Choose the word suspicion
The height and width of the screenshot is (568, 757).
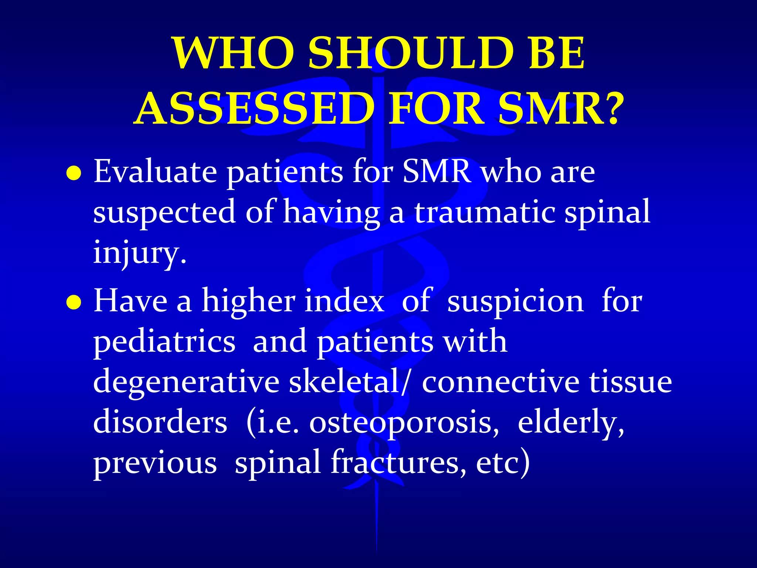(515, 302)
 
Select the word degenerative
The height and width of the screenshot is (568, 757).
(186, 382)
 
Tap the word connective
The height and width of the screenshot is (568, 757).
(500, 382)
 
